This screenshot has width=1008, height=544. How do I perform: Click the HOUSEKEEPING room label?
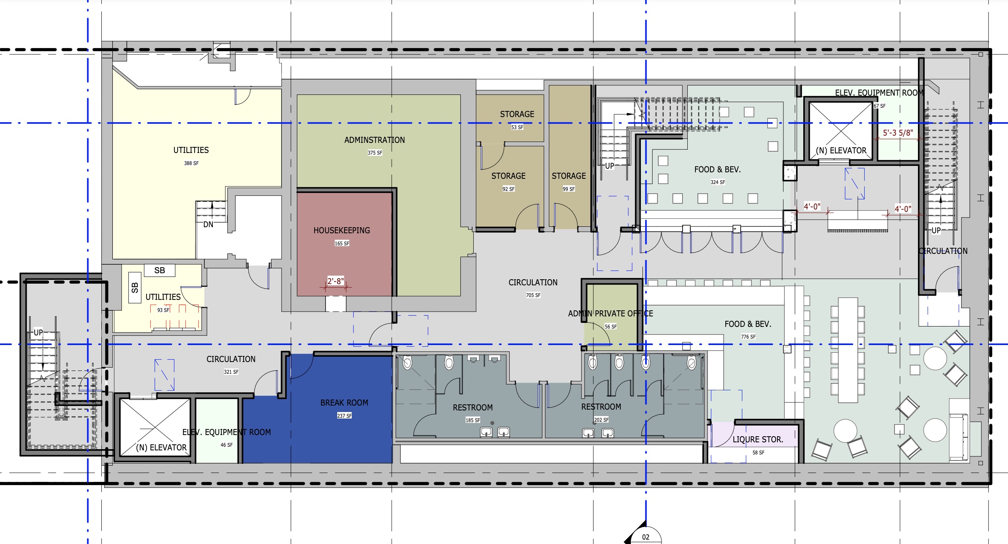point(342,230)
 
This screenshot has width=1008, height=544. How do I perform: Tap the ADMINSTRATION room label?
point(374,140)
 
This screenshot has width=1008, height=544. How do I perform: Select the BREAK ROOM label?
point(344,403)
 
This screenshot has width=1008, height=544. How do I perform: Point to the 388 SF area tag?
point(191,163)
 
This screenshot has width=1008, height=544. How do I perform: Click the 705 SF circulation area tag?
point(533,295)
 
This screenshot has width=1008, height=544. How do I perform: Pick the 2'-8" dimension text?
point(336,281)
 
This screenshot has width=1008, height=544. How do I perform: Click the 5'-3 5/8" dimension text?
point(898,133)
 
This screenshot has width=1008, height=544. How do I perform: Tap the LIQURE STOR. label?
point(758,439)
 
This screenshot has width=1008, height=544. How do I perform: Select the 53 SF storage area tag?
point(517,128)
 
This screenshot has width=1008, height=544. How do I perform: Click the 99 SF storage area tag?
point(569,189)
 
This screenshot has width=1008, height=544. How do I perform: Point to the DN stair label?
point(208,224)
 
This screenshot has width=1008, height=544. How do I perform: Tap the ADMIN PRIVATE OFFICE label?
point(611,314)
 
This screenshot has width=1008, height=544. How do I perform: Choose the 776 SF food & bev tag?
point(748,337)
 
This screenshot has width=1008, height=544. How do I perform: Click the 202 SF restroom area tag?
point(601,420)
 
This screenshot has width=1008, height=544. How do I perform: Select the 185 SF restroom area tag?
point(472,421)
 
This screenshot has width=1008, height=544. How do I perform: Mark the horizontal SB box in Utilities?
point(160,270)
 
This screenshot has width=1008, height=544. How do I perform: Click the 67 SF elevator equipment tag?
point(880,106)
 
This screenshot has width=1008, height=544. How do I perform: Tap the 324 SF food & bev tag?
point(718,182)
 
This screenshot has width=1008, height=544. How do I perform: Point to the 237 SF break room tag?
point(344,416)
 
